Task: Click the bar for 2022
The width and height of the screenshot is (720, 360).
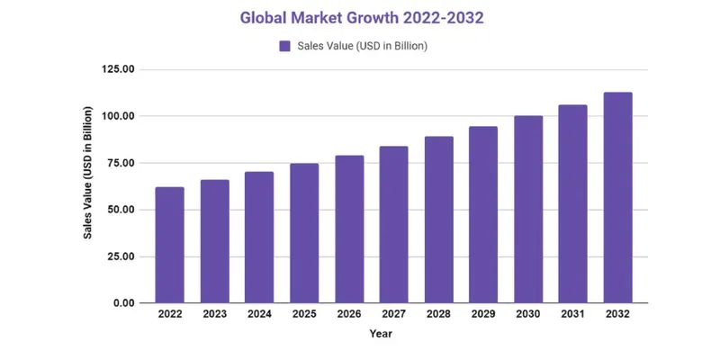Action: click(x=169, y=245)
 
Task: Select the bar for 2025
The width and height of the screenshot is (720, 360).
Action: click(x=304, y=233)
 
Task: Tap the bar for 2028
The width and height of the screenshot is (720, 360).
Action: click(x=438, y=220)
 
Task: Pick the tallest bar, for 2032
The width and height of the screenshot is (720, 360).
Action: click(x=617, y=198)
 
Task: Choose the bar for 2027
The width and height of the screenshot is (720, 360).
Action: click(x=393, y=225)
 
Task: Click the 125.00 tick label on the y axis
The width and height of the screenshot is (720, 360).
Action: click(x=118, y=69)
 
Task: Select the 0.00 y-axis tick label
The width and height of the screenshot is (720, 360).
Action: click(x=124, y=303)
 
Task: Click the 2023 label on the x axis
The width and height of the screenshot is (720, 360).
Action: click(x=214, y=315)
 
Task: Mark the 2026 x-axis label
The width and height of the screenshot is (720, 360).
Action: click(x=349, y=315)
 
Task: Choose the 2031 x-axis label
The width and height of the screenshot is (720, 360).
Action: click(x=572, y=315)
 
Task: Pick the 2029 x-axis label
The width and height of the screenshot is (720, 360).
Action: click(x=483, y=315)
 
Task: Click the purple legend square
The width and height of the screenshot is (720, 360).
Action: click(x=284, y=46)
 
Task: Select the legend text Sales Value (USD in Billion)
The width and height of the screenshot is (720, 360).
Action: click(x=362, y=46)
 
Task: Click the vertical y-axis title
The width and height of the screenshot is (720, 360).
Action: click(x=88, y=185)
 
